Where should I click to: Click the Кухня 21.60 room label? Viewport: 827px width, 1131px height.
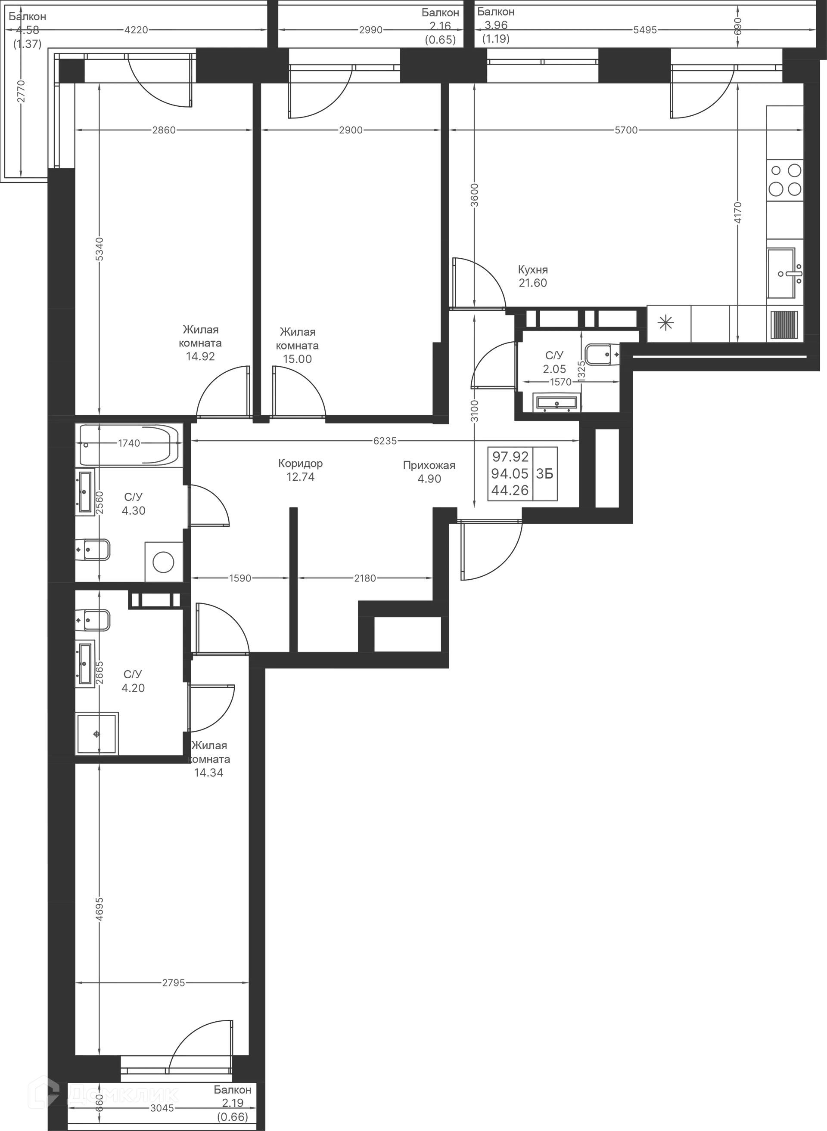point(532,276)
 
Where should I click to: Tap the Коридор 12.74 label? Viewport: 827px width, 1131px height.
point(300,470)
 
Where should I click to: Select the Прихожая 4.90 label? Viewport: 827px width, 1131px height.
point(429,472)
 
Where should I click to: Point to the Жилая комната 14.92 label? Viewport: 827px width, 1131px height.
point(200,343)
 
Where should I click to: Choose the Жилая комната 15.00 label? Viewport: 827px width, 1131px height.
point(298,345)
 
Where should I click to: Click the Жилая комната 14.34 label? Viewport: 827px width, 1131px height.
point(210,759)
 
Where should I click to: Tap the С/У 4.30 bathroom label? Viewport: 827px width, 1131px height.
point(134,504)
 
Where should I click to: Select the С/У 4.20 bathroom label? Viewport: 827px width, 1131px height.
point(133,681)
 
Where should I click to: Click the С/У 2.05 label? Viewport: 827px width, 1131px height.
point(554,363)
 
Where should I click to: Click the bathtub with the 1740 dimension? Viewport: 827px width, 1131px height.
point(129,443)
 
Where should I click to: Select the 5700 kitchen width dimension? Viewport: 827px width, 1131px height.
point(625,130)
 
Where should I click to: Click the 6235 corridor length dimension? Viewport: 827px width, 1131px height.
point(384,441)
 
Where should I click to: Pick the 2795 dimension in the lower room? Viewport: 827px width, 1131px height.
point(173,983)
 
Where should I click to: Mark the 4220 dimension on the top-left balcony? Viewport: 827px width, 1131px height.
point(136,30)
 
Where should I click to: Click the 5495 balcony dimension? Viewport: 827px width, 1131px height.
point(645,30)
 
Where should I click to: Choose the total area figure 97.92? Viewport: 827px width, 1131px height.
point(510,457)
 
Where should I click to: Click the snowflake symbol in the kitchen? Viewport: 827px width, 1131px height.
point(666,323)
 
